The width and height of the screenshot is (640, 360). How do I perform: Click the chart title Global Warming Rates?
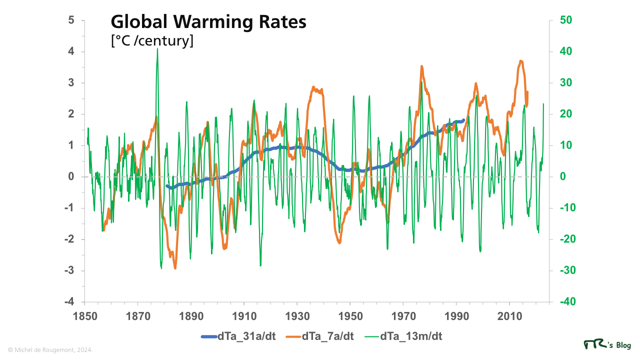208,23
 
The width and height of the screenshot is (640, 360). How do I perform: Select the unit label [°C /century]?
152,41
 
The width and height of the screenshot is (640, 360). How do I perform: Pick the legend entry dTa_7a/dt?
327,336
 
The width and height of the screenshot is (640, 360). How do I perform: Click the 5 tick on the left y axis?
71,20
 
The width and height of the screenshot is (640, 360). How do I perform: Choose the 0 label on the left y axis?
71,177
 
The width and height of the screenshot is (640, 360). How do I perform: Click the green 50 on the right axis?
566,20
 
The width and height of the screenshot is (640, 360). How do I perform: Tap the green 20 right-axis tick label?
566,114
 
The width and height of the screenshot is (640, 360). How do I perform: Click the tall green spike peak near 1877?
157,49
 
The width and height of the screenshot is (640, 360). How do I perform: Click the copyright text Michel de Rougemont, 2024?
50,350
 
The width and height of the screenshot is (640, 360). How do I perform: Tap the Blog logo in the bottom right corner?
607,345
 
